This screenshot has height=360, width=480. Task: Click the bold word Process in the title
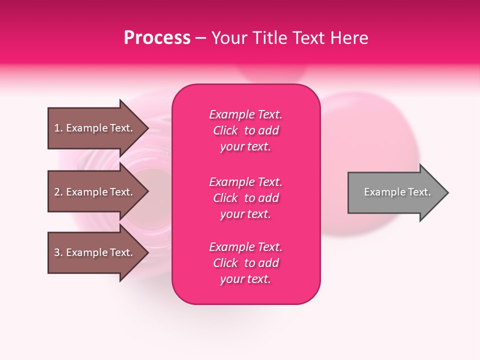(x=157, y=38)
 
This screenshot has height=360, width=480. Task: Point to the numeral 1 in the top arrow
(x=57, y=128)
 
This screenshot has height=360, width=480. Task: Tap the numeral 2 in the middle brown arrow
(x=57, y=192)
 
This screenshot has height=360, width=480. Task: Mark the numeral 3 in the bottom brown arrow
(x=57, y=252)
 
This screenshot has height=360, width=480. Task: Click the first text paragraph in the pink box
(x=245, y=130)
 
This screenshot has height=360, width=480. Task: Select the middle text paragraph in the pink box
(x=245, y=198)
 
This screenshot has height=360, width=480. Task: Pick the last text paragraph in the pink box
(x=245, y=263)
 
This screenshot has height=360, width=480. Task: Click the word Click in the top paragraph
(x=225, y=130)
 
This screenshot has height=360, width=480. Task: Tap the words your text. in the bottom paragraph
(x=245, y=279)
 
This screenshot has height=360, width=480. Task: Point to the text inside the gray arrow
(x=397, y=192)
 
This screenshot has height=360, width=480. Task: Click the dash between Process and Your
(x=200, y=38)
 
